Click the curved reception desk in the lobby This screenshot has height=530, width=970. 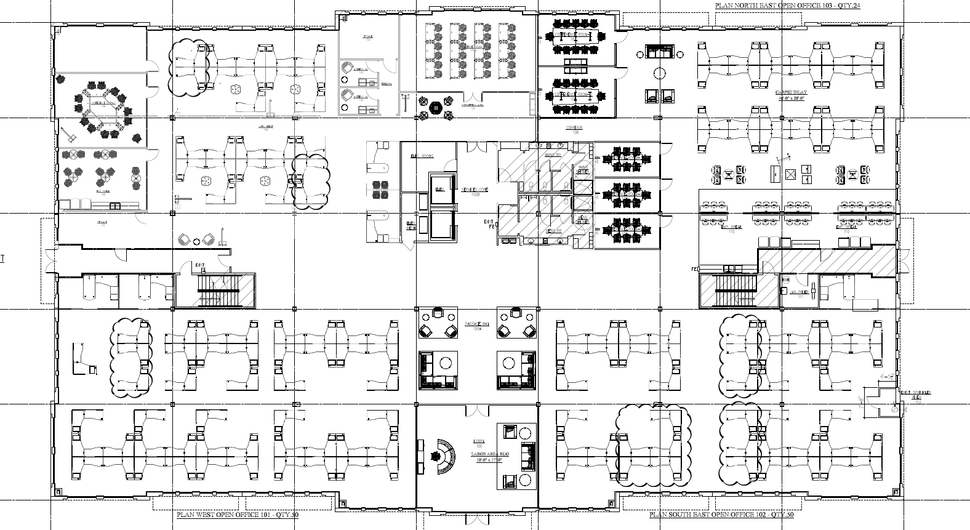pos(445,456)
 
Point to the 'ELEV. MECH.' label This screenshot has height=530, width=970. pos(410,225)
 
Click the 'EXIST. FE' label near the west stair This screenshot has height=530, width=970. pos(199,267)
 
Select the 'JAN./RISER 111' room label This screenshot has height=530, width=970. pos(800,294)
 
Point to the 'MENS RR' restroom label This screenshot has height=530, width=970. pos(554,231)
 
